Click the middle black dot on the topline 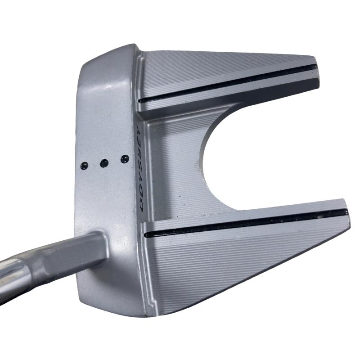point(104,163)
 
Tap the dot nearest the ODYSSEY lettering point(125,159)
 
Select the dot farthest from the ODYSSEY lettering point(84,166)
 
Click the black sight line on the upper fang point(228,84)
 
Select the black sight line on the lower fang point(246,223)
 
